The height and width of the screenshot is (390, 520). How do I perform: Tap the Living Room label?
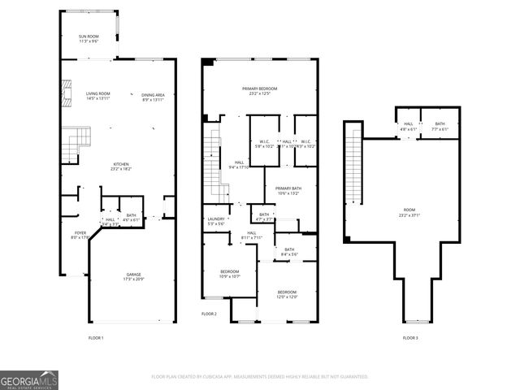click(x=98, y=97)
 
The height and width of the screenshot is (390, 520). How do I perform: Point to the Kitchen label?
click(x=121, y=167)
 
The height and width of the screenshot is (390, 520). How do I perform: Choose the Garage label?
click(x=133, y=276)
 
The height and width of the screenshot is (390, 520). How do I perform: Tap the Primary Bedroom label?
click(x=259, y=90)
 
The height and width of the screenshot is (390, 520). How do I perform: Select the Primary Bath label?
click(x=288, y=190)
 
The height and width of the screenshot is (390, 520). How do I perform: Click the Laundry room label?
click(x=215, y=221)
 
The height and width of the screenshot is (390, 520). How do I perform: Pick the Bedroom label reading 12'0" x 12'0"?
click(x=287, y=293)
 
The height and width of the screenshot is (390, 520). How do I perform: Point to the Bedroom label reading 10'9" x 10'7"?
click(x=230, y=273)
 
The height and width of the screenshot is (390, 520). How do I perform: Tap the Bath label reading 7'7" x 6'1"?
click(x=440, y=126)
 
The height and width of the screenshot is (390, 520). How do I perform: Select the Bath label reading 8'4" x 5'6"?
click(x=289, y=252)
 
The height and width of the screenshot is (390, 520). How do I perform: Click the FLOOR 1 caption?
click(x=96, y=337)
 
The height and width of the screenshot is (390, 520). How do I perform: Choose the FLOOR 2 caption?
click(x=209, y=314)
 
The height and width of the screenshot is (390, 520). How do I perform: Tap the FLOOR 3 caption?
click(x=410, y=337)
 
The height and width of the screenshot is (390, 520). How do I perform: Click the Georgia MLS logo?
click(x=29, y=379)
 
